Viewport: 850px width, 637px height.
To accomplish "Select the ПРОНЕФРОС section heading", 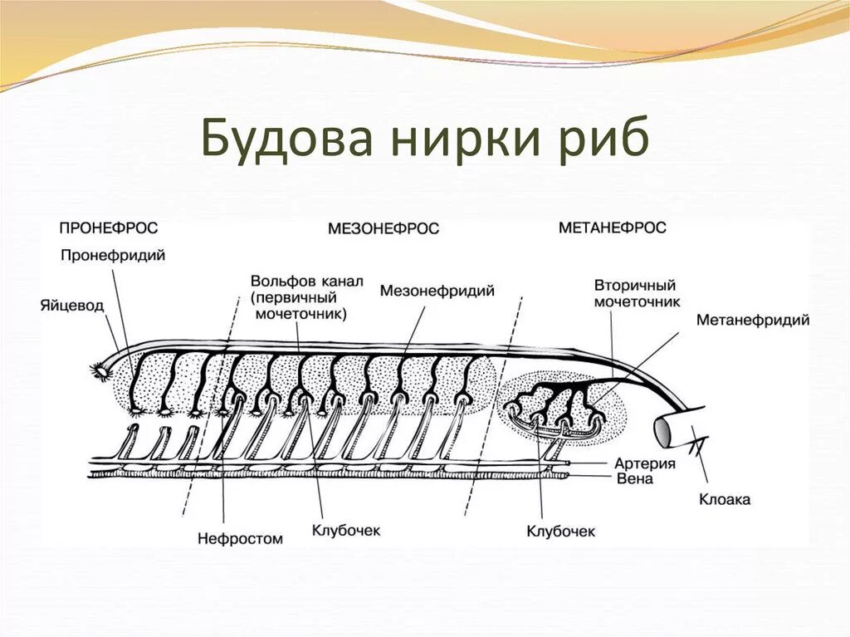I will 108,227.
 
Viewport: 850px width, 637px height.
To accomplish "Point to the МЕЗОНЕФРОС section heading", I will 383,228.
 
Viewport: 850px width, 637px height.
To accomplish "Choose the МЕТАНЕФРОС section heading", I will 612,228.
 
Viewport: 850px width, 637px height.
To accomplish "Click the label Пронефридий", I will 113,256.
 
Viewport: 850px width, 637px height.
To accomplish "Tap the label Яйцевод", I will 71,306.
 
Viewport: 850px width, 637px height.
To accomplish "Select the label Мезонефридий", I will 437,291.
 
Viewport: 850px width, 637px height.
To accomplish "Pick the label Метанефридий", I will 752,320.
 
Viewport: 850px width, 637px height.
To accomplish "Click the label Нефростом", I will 240,538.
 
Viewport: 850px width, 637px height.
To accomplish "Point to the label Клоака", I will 724,500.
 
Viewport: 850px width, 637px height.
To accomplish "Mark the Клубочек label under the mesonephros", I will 345,530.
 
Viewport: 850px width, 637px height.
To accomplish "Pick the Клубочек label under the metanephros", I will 561,531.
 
